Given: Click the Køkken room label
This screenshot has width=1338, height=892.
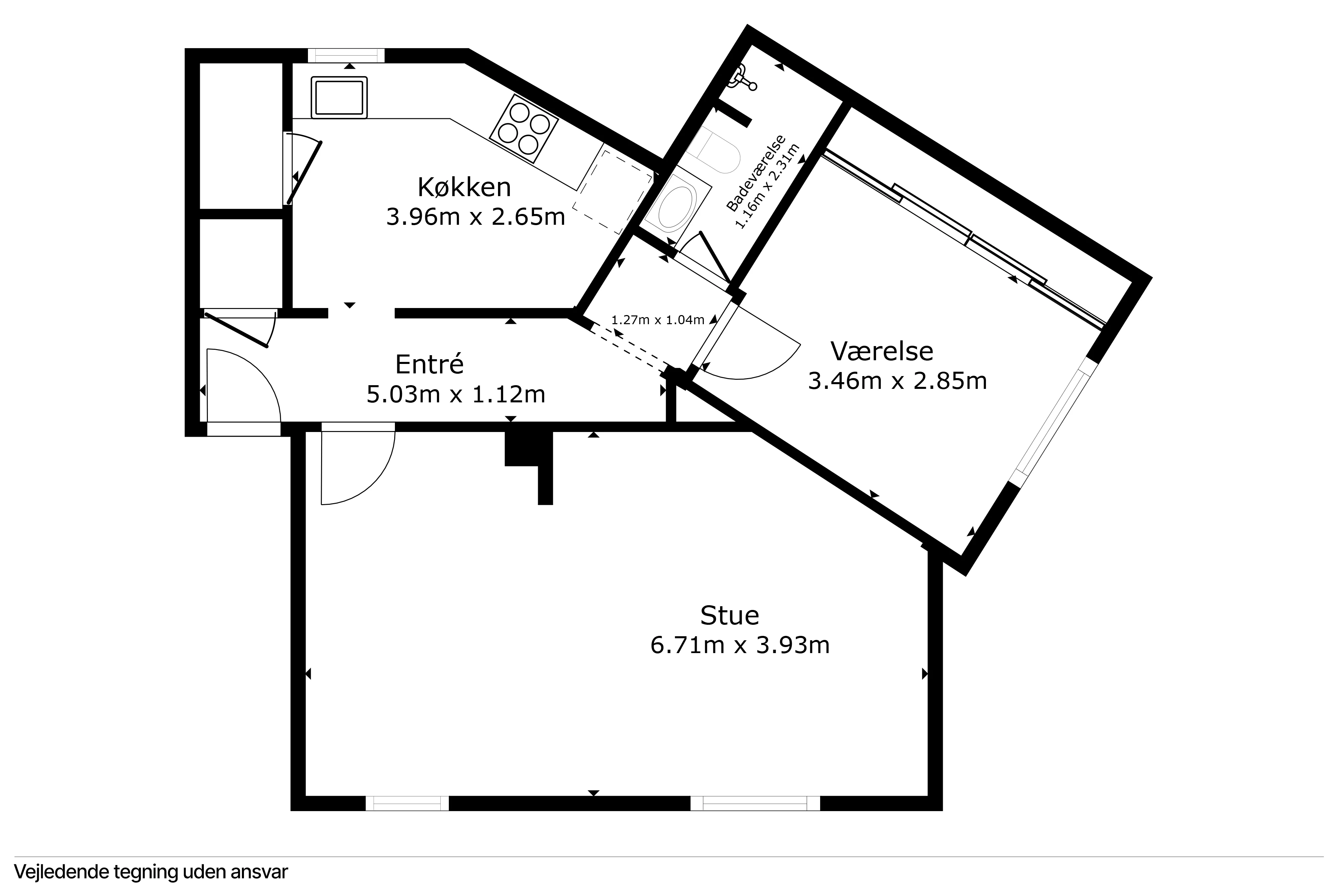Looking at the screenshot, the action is tap(464, 187).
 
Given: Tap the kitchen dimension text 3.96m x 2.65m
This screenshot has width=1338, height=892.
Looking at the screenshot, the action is tap(475, 217).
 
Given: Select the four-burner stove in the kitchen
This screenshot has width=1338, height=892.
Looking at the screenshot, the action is tap(524, 129).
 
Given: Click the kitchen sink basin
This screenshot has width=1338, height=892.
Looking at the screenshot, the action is tap(339, 97).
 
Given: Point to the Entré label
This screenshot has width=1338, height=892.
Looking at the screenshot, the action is tap(429, 364).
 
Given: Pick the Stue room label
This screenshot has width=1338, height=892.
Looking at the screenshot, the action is tap(729, 616).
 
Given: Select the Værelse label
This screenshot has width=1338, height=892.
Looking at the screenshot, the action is tap(881, 351).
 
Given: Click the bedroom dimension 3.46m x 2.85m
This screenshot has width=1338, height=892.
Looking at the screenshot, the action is tap(897, 380).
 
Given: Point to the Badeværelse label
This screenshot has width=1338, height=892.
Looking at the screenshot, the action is tap(757, 174).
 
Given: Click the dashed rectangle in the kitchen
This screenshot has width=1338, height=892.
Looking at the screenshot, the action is tap(613, 191).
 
